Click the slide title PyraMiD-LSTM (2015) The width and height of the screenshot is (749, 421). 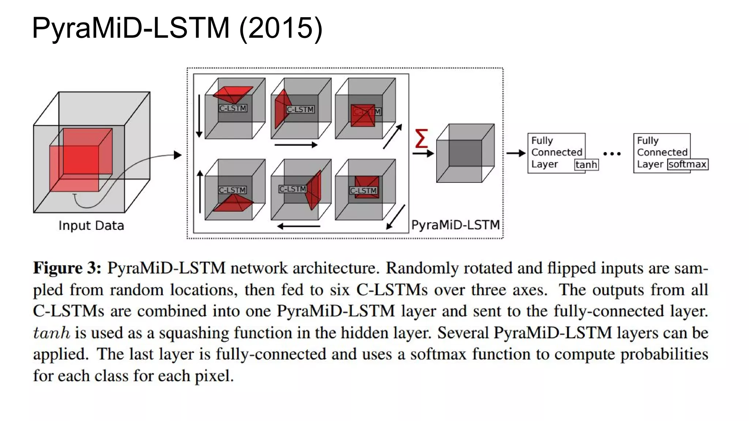pos(177,28)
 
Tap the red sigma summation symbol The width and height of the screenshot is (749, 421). pos(421,138)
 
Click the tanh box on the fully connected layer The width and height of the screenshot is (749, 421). pos(586,165)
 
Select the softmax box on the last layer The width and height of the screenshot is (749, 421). pos(687,164)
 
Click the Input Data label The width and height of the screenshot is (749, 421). pos(91,225)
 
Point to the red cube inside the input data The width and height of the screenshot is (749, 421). pos(81,160)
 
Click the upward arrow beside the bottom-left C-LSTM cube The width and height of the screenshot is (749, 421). pos(200,191)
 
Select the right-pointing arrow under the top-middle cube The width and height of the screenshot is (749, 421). pos(296,145)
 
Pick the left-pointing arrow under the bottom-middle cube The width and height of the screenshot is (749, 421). pos(298,227)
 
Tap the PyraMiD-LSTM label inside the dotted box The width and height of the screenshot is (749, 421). pos(455,225)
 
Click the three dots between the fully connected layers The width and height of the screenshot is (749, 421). pos(612,154)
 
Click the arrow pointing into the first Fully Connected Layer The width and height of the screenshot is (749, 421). pos(516,153)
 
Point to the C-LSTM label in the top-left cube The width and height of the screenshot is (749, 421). pos(233,108)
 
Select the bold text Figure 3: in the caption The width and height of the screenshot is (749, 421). pos(67,268)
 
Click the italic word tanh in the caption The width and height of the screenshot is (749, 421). pos(52,333)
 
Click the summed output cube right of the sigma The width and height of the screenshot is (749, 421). pos(465,153)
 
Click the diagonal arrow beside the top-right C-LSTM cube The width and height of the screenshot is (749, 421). pos(392,136)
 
